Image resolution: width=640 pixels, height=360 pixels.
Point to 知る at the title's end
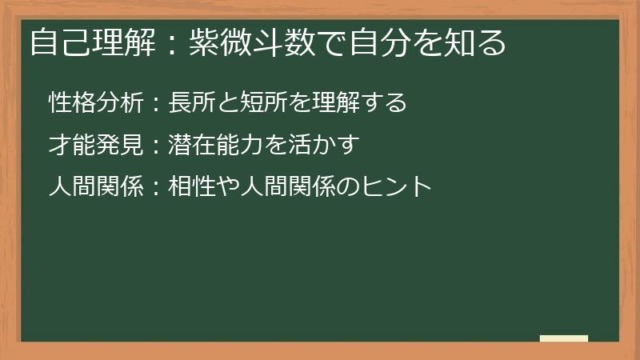[x=477, y=42]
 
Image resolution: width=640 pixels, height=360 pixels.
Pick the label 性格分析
[x=96, y=103]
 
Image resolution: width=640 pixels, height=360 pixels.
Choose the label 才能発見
[x=96, y=146]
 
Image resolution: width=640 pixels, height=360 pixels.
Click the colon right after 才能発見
[x=155, y=146]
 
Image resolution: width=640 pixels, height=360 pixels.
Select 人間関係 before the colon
[x=96, y=188]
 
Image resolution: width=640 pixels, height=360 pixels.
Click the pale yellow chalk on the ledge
[x=564, y=338]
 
